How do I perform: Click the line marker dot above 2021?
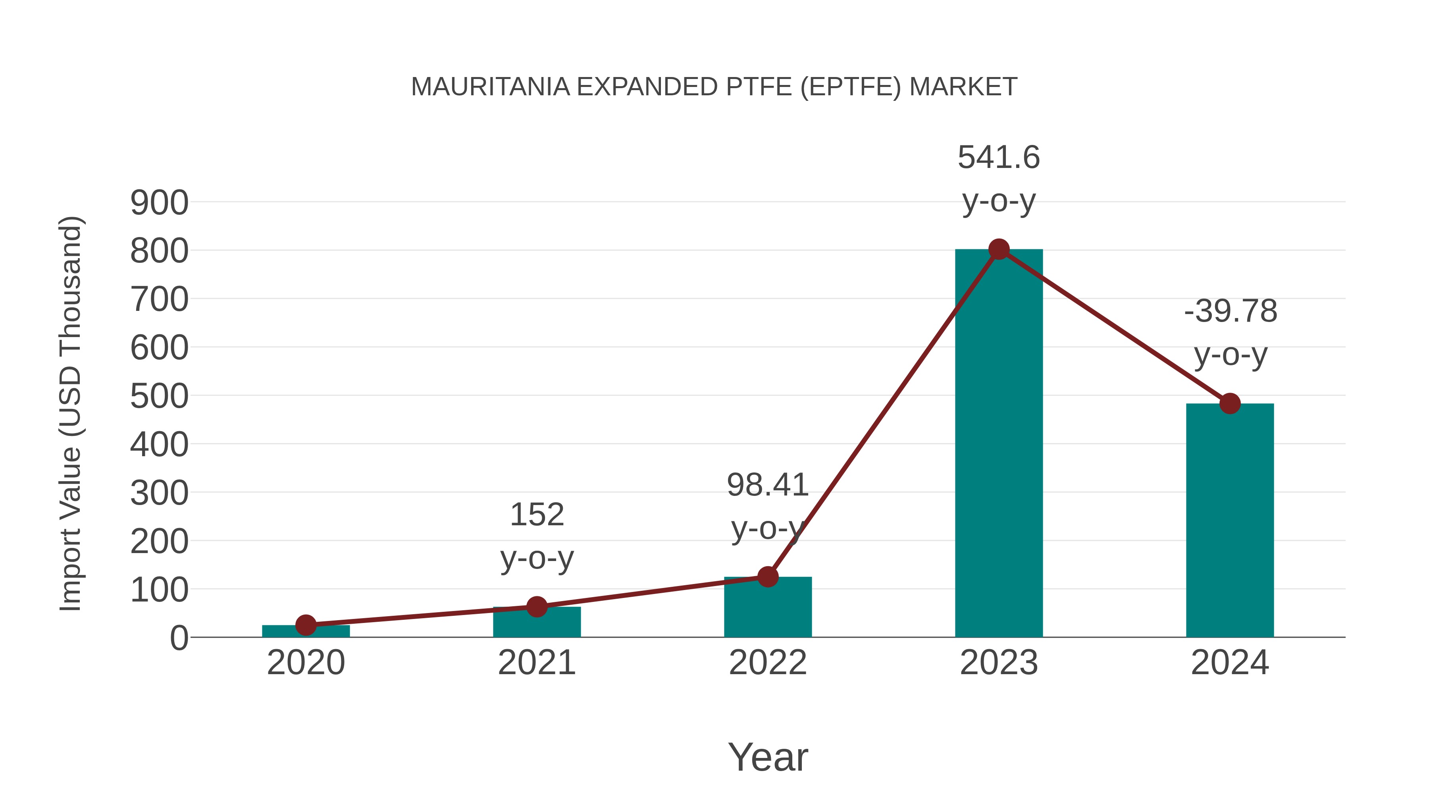pyautogui.click(x=536, y=606)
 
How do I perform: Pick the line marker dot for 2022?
pyautogui.click(x=768, y=576)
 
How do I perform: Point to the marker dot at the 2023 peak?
pyautogui.click(x=999, y=250)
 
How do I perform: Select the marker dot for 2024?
pyautogui.click(x=1230, y=403)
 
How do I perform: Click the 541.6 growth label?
pyautogui.click(x=999, y=158)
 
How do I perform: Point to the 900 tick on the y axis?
pyautogui.click(x=159, y=203)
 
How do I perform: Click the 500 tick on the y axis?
pyautogui.click(x=159, y=397)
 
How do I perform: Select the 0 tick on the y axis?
pyautogui.click(x=179, y=638)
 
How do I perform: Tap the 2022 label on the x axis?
pyautogui.click(x=768, y=663)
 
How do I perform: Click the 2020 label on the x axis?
pyautogui.click(x=306, y=663)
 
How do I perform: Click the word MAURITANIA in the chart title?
pyautogui.click(x=490, y=87)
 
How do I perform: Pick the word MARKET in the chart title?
pyautogui.click(x=963, y=87)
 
